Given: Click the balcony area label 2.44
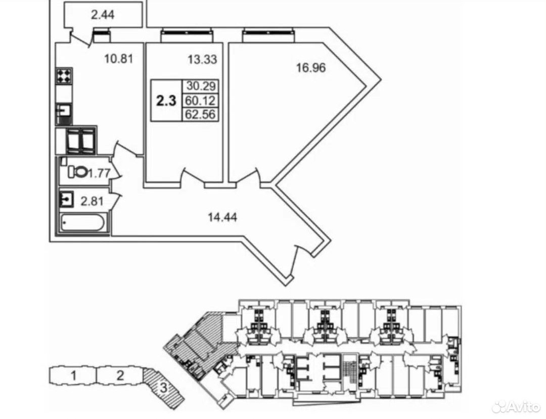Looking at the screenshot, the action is pos(103,15).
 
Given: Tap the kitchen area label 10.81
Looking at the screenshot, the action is pos(118,59).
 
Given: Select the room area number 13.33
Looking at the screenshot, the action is pos(202,60).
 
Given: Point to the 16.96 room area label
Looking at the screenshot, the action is pos(310,67).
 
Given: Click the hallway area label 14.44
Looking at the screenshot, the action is pos(222,218).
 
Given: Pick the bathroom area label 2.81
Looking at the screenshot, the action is pos(92,201).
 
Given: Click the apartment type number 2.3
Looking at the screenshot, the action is pos(166,100).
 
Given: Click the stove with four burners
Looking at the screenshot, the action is pos(64,76).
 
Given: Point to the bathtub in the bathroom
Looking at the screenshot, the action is pos(83,223).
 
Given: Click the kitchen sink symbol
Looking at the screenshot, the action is pos(64,111).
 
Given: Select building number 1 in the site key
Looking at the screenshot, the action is pos(73,376).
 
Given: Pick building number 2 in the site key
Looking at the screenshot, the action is pos(120,376).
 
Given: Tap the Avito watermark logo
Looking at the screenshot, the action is pos(516,406).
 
